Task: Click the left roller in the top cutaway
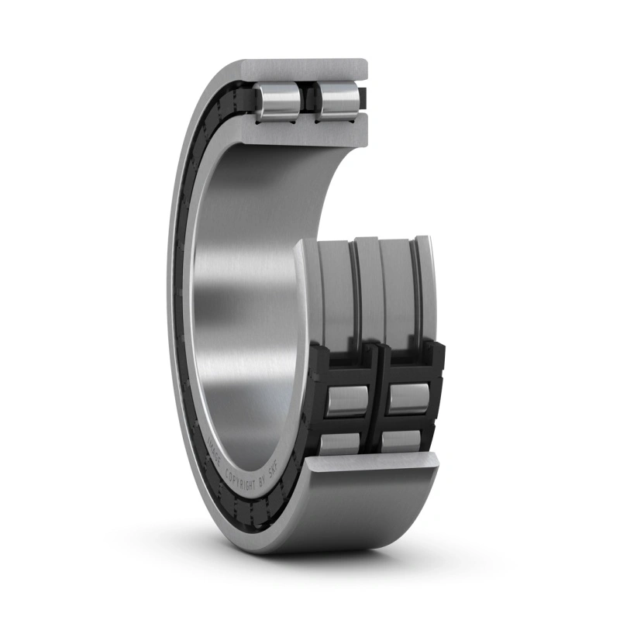(279, 101)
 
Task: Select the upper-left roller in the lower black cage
(346, 398)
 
